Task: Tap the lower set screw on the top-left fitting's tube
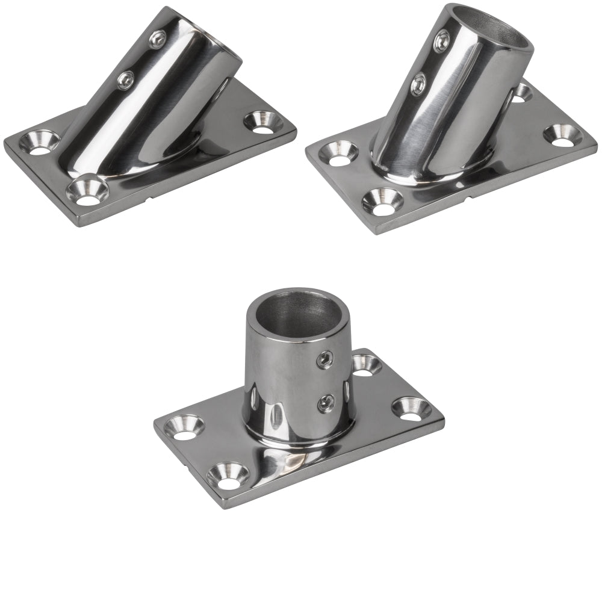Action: pos(126,79)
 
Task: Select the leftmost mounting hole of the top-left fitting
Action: pos(39,143)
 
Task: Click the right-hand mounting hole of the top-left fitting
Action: pos(263,122)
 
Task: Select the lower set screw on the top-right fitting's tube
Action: pos(418,84)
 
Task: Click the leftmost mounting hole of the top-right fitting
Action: pos(340,153)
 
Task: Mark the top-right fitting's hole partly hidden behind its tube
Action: pos(521,92)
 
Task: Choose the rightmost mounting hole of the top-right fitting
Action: pos(562,135)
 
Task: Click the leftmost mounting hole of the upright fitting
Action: pos(184,427)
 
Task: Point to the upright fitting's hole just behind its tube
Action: pos(365,365)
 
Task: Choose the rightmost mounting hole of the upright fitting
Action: pos(411,409)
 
